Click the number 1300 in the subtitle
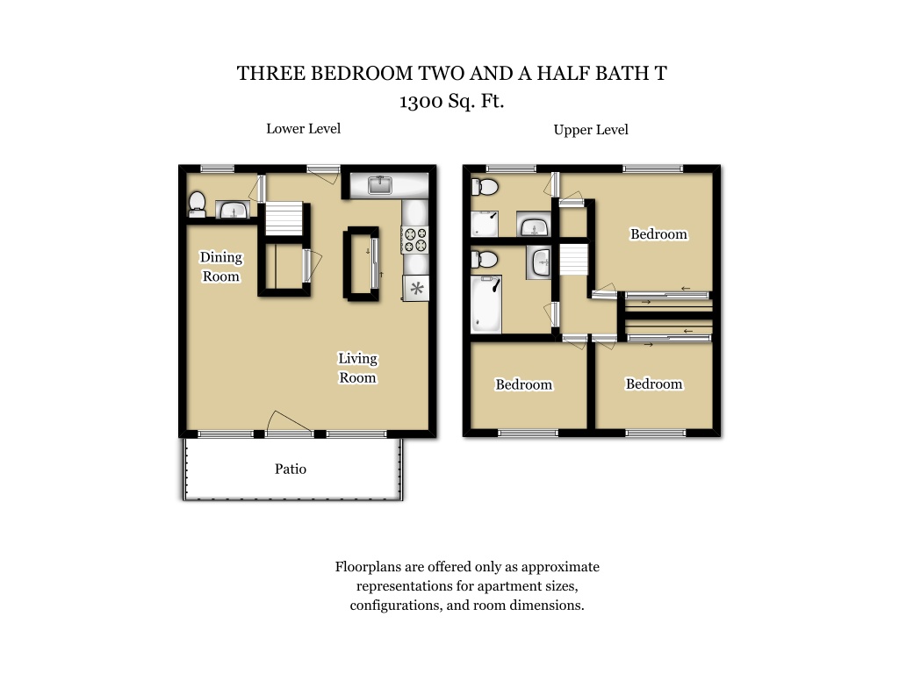(x=421, y=102)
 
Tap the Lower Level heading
(x=303, y=128)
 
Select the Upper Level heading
(x=591, y=130)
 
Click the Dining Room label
(x=220, y=267)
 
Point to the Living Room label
(x=357, y=368)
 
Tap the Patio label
(x=290, y=469)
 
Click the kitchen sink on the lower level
(x=379, y=184)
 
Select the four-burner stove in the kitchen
(x=415, y=239)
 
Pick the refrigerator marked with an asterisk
(x=416, y=288)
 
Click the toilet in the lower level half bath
(x=197, y=204)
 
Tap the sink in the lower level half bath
(x=232, y=210)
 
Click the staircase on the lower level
(x=284, y=219)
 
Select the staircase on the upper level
(x=573, y=259)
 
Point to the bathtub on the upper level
(x=486, y=304)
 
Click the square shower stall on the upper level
(x=485, y=224)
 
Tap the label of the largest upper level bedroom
(x=658, y=233)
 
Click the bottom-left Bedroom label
(x=523, y=384)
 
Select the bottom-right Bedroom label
(x=653, y=384)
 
